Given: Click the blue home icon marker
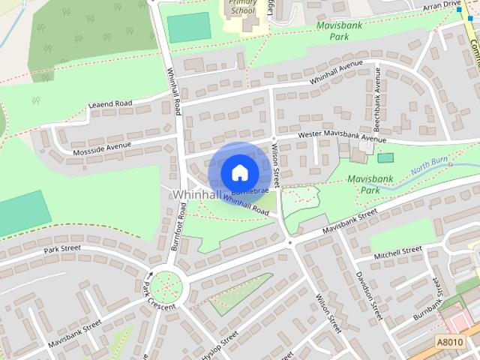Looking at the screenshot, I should (x=239, y=173).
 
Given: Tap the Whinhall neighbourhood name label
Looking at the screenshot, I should (x=197, y=194).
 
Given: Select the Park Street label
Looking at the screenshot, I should (x=61, y=249).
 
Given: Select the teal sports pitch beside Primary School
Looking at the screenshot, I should (x=188, y=28).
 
